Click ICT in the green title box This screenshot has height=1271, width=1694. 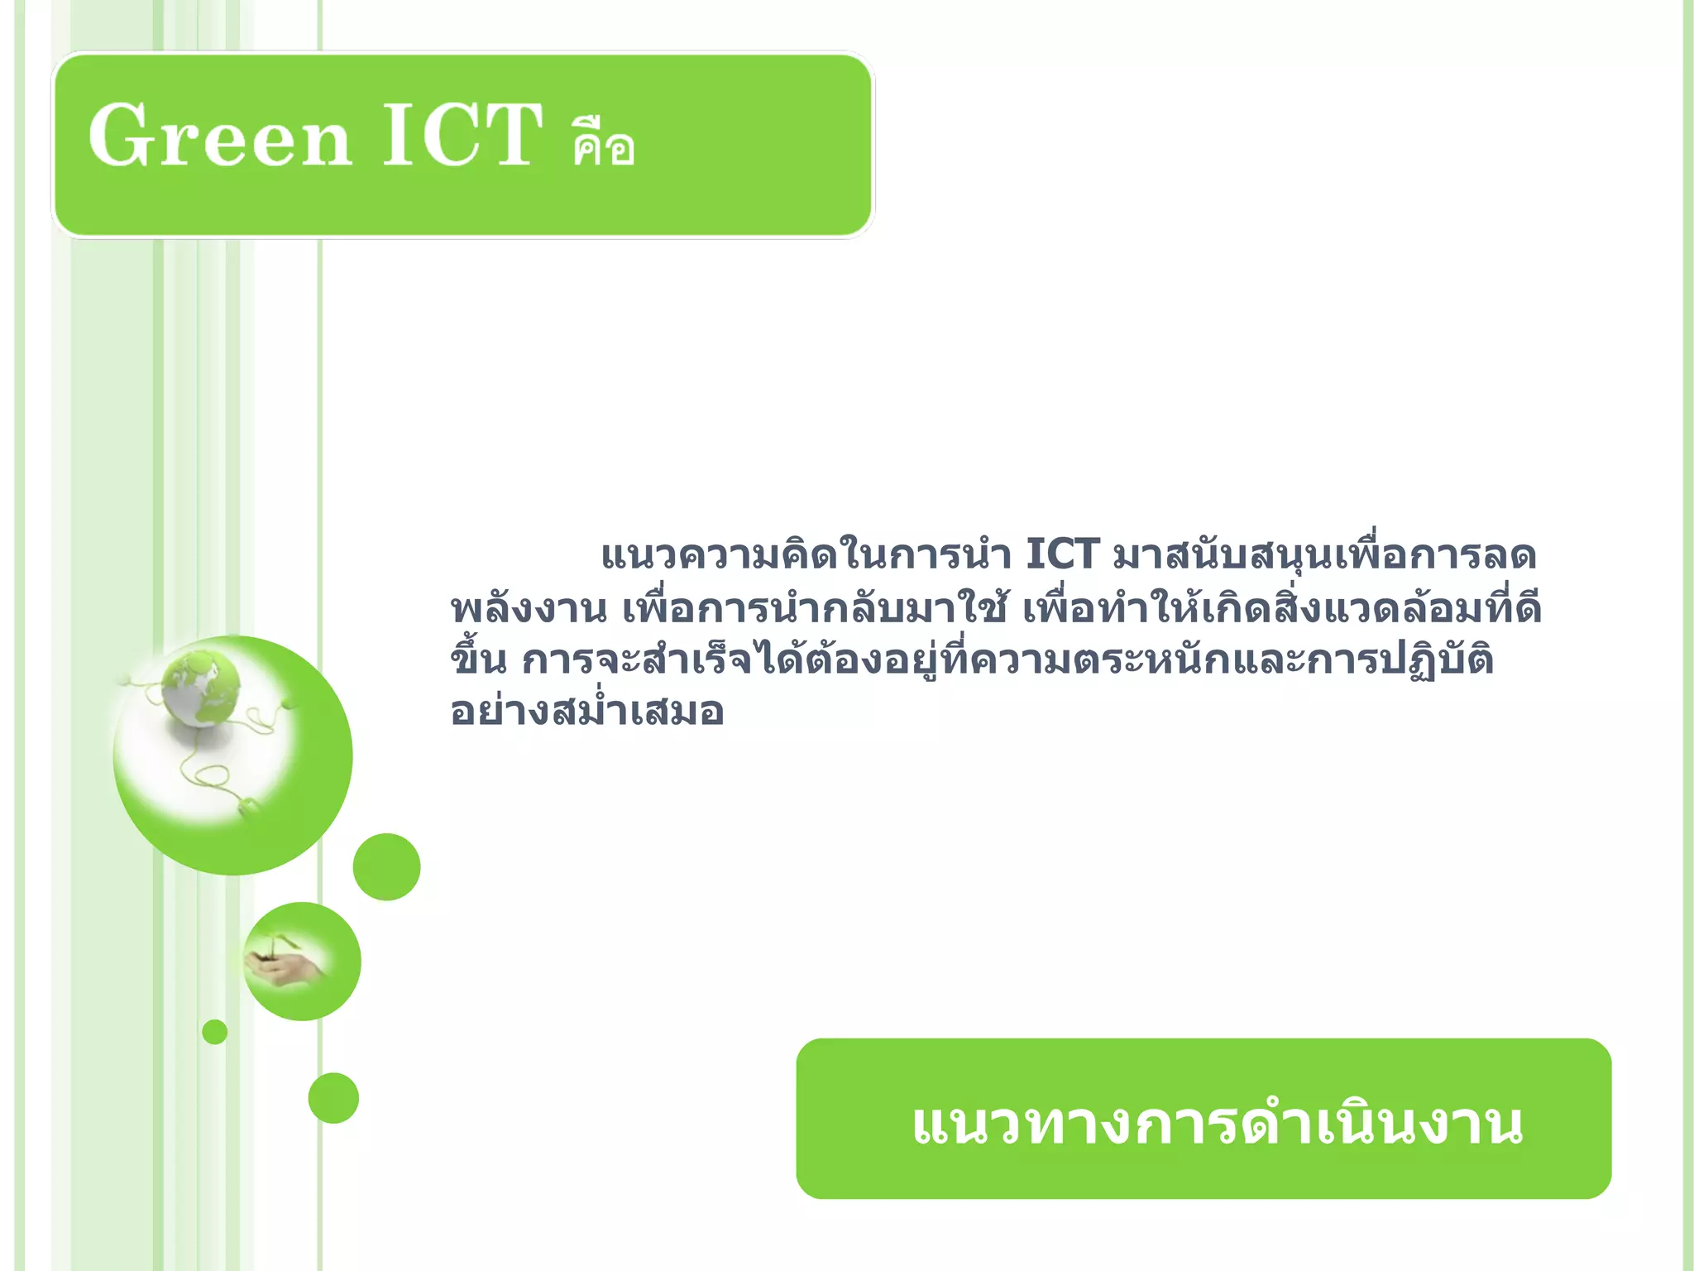[462, 136]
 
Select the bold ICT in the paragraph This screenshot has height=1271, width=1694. [1062, 554]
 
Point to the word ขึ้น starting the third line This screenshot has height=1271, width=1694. [478, 660]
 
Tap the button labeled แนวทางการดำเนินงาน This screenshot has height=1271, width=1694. [1204, 1119]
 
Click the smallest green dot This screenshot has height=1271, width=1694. [214, 1032]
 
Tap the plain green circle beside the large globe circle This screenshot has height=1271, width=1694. [386, 866]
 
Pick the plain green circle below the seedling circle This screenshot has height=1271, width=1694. [333, 1098]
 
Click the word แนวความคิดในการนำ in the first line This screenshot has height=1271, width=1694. [806, 554]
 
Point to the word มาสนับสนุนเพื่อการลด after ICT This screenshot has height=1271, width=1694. [1323, 554]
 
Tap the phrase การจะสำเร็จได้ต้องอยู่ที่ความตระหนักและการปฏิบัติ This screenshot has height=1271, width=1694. [1007, 660]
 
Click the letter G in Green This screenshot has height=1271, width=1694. [117, 136]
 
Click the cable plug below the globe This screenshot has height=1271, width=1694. [248, 805]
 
